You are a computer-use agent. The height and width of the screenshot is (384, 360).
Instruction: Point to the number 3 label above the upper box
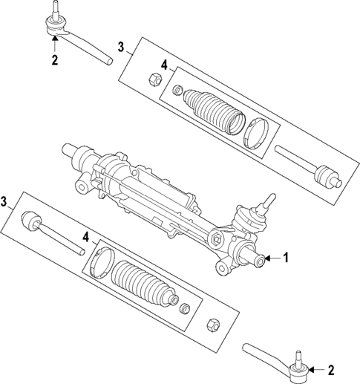pos(121,47)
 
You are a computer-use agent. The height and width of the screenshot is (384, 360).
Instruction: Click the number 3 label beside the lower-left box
pos(4,202)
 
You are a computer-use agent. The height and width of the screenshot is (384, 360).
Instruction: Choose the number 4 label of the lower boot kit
pos(86,238)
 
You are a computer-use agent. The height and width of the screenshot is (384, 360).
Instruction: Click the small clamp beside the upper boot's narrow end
pos(177,91)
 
